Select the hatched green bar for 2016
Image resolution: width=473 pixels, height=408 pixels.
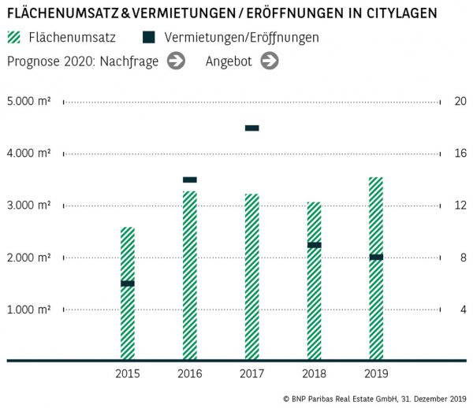(x=189, y=276)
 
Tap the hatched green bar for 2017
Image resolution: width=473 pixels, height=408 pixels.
(x=251, y=276)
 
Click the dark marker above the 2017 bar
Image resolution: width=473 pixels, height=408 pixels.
(x=251, y=128)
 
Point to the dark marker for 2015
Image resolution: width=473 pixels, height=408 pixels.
(x=127, y=283)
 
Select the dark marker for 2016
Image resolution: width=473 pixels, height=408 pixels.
(x=189, y=180)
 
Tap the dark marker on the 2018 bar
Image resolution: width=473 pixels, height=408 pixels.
(x=314, y=245)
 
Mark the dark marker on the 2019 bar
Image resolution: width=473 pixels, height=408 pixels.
(x=376, y=257)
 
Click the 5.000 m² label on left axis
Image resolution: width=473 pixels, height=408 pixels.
(x=29, y=102)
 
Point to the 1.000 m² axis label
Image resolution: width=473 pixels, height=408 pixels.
(x=29, y=310)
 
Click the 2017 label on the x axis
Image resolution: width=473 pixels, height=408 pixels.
(x=251, y=373)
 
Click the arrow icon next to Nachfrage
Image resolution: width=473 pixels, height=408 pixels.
(x=176, y=61)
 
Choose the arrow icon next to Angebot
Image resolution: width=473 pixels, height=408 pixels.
(x=270, y=61)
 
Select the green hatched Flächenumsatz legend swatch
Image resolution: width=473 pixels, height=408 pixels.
(x=15, y=37)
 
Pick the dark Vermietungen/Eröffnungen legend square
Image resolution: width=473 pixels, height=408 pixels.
(x=148, y=37)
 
